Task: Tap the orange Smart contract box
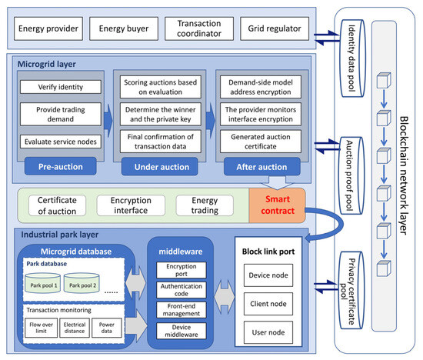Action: tap(276, 206)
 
